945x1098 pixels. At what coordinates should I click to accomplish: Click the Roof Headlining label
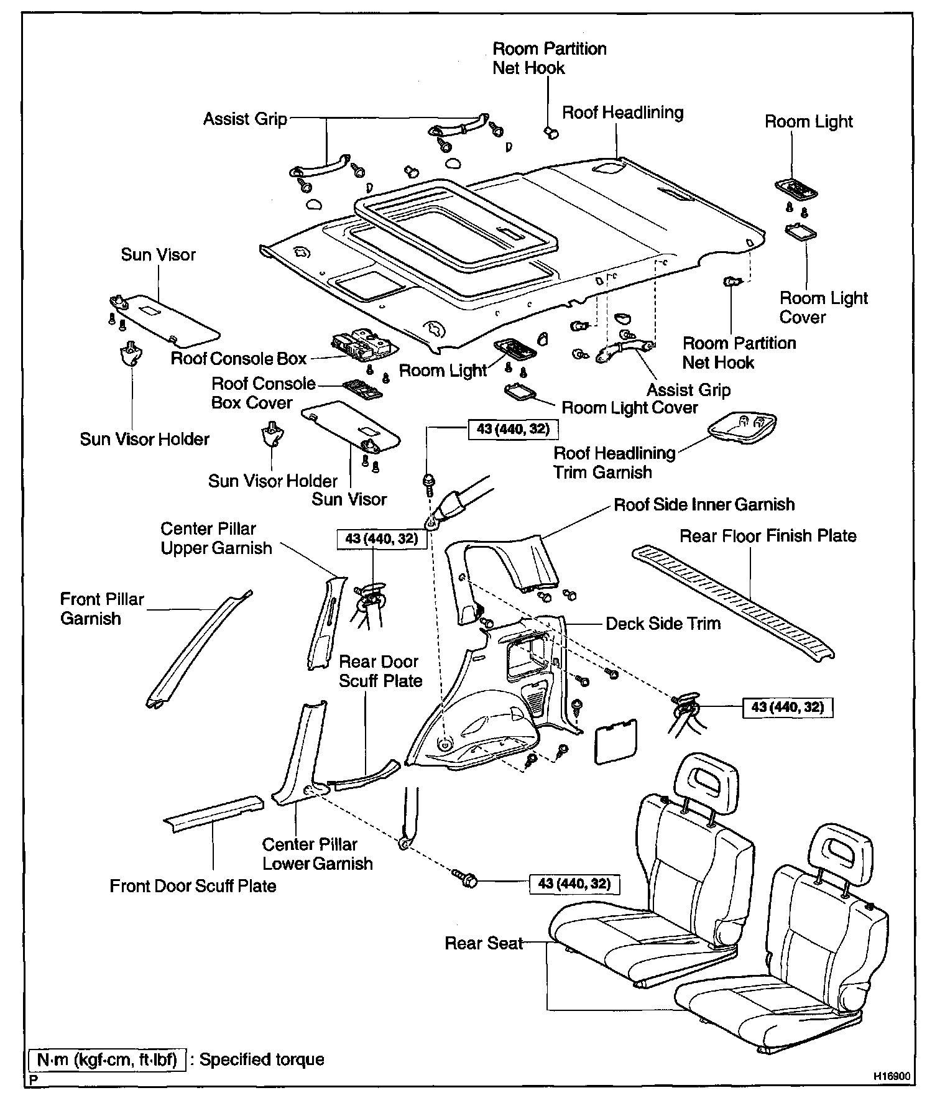622,113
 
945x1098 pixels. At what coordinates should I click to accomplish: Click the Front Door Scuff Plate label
193,885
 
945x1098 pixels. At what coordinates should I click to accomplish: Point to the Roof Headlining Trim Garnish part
743,427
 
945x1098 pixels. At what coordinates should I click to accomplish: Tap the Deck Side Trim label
663,624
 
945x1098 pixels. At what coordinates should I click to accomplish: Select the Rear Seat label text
484,943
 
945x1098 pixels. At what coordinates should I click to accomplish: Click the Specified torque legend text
262,1059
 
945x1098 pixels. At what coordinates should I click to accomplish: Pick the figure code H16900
893,1075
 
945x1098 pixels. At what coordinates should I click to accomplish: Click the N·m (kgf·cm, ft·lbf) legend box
108,1059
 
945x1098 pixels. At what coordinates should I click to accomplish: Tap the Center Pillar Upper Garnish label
216,538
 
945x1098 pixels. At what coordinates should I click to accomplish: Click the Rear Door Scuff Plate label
380,671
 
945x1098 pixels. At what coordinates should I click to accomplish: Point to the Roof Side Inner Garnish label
704,504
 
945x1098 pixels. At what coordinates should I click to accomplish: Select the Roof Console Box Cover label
263,393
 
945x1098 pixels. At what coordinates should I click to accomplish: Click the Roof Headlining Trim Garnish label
614,463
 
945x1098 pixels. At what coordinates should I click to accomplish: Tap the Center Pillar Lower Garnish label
317,854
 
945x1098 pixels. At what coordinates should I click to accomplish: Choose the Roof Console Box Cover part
362,389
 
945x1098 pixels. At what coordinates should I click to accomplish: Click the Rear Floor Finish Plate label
768,536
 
